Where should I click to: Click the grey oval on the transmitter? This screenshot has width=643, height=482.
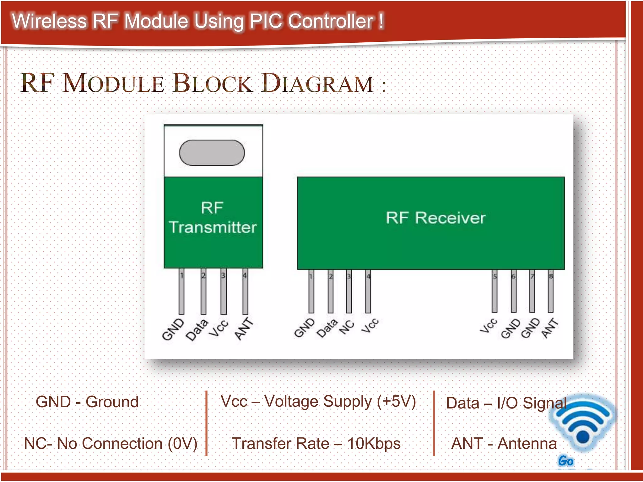click(x=212, y=153)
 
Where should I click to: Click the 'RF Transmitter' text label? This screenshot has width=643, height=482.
click(x=213, y=218)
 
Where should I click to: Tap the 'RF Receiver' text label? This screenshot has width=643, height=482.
click(x=435, y=218)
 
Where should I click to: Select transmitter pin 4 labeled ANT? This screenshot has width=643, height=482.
click(x=245, y=292)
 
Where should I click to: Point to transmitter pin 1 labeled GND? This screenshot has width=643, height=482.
click(x=181, y=292)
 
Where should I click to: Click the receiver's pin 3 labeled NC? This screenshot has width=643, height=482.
click(x=349, y=292)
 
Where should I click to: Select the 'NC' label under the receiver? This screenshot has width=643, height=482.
click(x=347, y=327)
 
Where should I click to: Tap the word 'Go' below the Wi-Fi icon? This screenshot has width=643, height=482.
click(x=565, y=461)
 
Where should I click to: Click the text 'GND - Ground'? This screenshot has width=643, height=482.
click(x=87, y=402)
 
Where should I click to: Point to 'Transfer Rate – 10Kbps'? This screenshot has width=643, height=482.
click(x=316, y=443)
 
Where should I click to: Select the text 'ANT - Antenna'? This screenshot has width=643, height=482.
click(x=504, y=443)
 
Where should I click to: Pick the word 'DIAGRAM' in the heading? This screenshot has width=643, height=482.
click(x=317, y=83)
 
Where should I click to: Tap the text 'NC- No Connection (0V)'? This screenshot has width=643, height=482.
click(x=111, y=443)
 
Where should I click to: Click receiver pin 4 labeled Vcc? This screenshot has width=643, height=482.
click(x=368, y=292)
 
